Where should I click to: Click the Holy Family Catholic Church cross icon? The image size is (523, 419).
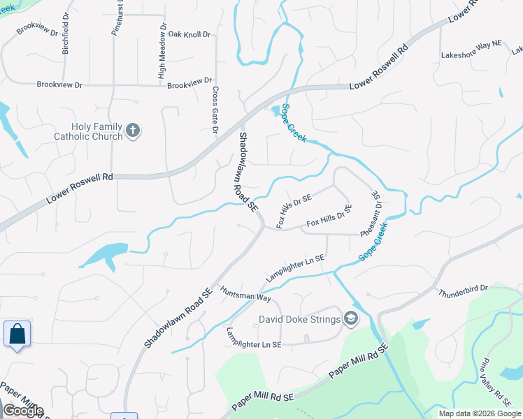tap(133, 129)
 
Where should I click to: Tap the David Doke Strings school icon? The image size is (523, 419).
tap(350, 319)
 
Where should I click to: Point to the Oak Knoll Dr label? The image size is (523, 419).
tap(189, 34)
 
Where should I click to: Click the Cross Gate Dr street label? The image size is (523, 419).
tap(215, 110)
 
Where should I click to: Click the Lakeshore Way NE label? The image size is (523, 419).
tap(472, 54)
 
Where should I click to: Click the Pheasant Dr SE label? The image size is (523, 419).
tap(370, 214)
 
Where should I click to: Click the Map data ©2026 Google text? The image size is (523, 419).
tap(480, 413)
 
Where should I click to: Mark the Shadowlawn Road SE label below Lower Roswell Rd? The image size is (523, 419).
tap(248, 172)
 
